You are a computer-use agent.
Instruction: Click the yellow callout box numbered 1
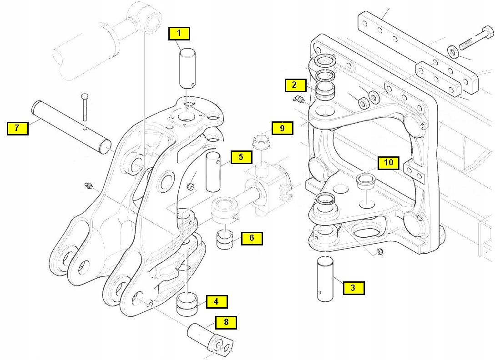[179, 33]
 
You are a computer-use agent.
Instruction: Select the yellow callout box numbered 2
[294, 85]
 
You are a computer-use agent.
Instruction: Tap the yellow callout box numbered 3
[353, 287]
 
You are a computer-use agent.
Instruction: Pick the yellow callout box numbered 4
[216, 301]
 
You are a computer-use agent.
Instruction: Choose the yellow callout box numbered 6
[252, 238]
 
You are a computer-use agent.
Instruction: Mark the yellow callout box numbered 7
[17, 128]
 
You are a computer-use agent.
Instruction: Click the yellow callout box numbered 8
[226, 323]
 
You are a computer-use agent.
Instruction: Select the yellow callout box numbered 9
[282, 128]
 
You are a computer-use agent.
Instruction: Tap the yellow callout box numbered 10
[389, 162]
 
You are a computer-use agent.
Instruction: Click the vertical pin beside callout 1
[187, 69]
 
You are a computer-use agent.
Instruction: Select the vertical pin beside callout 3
[326, 278]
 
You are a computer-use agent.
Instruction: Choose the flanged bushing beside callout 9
[261, 142]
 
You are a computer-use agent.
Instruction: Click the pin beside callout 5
[213, 172]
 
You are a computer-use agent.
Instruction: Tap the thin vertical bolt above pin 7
[85, 109]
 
